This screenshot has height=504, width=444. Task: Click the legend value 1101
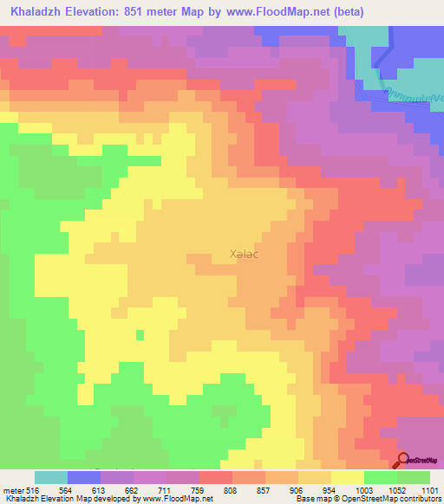click(431, 490)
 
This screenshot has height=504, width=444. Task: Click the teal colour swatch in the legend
click(51, 477)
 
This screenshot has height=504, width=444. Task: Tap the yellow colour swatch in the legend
click(348, 477)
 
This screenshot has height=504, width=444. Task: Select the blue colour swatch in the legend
click(84, 477)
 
